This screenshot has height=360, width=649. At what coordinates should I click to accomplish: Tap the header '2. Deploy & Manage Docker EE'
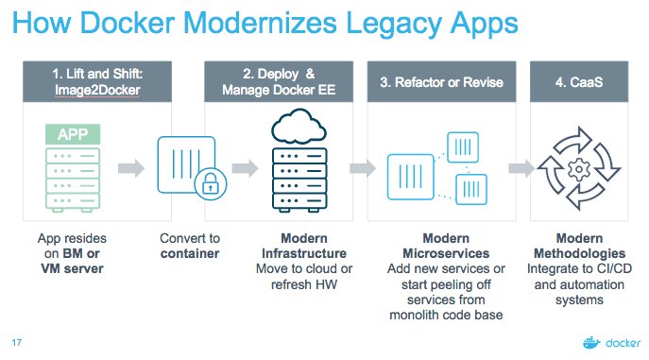tap(280, 82)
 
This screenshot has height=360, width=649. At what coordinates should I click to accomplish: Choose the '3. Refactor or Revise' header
tap(442, 82)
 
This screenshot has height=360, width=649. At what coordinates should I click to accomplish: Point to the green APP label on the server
tap(72, 134)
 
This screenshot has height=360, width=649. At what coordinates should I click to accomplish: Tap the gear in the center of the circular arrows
tap(579, 169)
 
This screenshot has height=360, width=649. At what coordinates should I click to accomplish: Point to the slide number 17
tap(16, 341)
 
